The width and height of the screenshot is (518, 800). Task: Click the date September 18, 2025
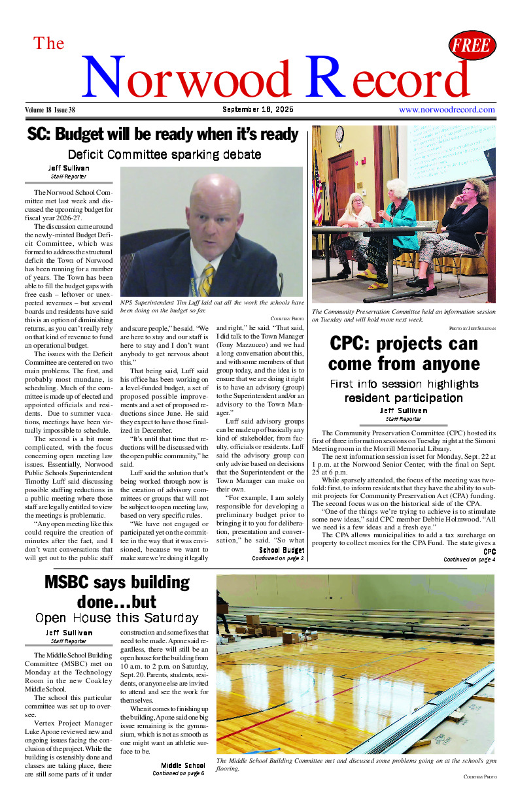pyautogui.click(x=258, y=109)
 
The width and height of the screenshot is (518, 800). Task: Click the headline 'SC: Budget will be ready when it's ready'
pyautogui.click(x=163, y=135)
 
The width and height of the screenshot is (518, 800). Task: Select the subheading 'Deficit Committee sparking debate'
pyautogui.click(x=164, y=155)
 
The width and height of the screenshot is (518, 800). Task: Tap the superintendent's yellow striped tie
pyautogui.click(x=207, y=278)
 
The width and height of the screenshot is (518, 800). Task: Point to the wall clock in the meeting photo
pyautogui.click(x=339, y=134)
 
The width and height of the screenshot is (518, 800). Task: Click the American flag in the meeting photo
pyautogui.click(x=318, y=190)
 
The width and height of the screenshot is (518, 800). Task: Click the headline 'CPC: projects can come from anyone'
pyautogui.click(x=404, y=354)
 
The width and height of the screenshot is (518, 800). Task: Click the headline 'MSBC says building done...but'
pyautogui.click(x=116, y=592)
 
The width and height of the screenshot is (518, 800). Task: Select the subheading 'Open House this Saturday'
pyautogui.click(x=116, y=618)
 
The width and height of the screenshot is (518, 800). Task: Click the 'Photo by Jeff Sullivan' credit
pyautogui.click(x=472, y=327)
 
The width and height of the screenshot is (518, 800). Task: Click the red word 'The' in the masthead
pyautogui.click(x=49, y=44)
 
